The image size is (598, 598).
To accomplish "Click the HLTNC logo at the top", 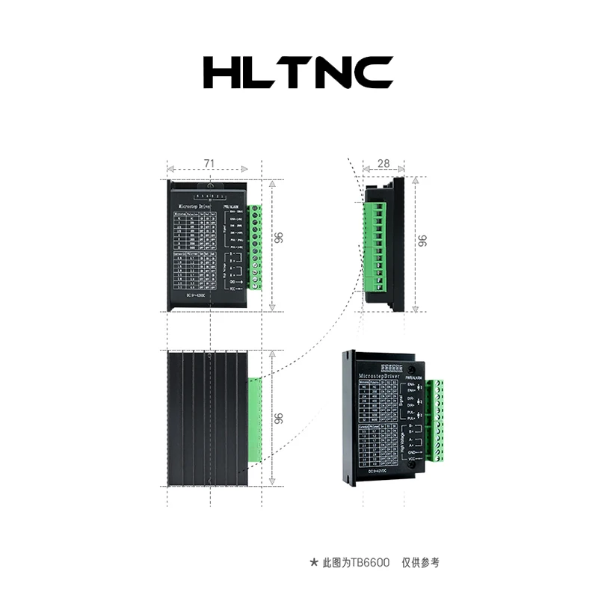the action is coord(298,72).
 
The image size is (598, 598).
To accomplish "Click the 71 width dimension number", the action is coord(210,163).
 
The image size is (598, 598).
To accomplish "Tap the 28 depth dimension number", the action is coord(383,163).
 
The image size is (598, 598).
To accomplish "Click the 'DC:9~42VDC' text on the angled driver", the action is coord(384,472).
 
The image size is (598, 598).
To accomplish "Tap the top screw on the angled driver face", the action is coord(412,369).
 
